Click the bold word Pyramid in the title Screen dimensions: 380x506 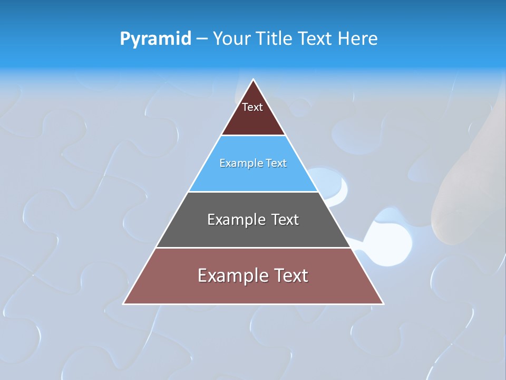[155, 39]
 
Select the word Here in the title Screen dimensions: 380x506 [358, 39]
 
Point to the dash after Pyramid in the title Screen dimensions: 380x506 [202, 39]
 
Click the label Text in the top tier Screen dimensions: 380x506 [252, 107]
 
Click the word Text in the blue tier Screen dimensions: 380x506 [276, 163]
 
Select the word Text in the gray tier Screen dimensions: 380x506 [285, 220]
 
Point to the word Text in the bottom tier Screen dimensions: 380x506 [290, 275]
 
